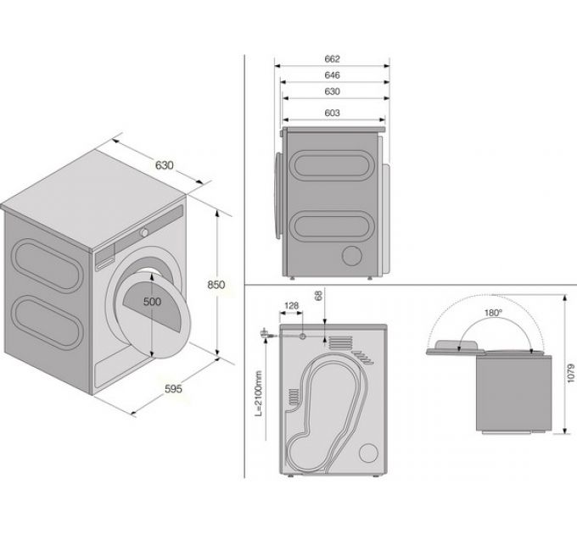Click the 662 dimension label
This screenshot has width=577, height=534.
(x=332, y=58)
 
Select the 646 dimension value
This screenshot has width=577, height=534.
(x=332, y=75)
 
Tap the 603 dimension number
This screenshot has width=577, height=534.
(x=332, y=113)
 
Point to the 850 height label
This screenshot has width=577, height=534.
(x=216, y=285)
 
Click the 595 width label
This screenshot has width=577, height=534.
(x=172, y=389)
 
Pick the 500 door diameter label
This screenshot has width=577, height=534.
(x=151, y=302)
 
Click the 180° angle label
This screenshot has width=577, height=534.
(x=493, y=313)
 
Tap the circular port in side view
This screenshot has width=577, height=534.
(x=350, y=255)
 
